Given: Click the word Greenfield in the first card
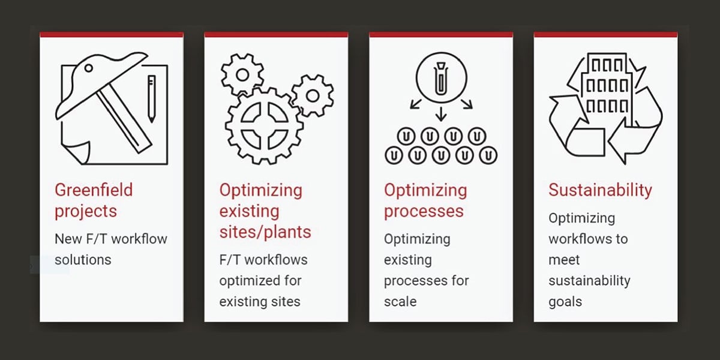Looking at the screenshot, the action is click(x=94, y=190).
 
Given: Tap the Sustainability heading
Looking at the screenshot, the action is click(x=600, y=190).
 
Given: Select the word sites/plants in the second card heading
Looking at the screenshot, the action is click(x=265, y=232).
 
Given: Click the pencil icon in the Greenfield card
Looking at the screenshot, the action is click(x=152, y=98).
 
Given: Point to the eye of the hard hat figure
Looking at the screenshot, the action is click(x=88, y=68).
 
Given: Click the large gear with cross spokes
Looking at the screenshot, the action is click(x=264, y=125).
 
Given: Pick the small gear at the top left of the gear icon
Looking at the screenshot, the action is click(x=242, y=74).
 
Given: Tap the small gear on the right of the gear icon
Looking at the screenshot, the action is click(x=313, y=95).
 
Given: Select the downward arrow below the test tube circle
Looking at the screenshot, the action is click(x=441, y=114).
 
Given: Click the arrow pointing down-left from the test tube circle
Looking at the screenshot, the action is click(x=416, y=104).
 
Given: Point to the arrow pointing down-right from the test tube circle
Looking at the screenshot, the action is click(x=467, y=104).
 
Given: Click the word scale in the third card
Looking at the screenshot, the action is click(x=400, y=301).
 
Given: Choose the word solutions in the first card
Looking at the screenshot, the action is click(x=83, y=260).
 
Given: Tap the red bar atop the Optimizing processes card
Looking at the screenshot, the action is click(x=441, y=34).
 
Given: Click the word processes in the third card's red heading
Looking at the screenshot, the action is click(x=424, y=212).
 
